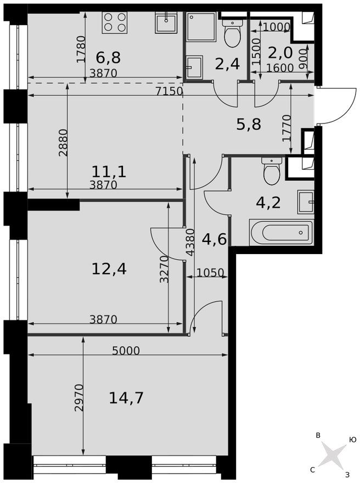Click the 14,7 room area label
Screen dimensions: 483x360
point(126,397)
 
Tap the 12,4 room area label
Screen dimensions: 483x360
point(109,268)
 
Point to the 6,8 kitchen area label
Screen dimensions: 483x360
point(108,57)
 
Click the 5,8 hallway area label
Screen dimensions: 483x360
point(248,125)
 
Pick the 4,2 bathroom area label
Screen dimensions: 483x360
point(268,203)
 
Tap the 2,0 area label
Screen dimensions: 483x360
point(279,53)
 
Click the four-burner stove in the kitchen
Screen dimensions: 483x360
point(115,23)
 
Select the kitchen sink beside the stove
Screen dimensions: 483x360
point(165,23)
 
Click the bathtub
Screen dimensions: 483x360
point(282,232)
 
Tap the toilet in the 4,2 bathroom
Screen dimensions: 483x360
point(272,172)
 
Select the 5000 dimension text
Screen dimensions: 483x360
point(126,351)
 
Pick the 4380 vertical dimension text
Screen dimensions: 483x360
point(190,242)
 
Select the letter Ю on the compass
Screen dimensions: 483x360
point(352,440)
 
